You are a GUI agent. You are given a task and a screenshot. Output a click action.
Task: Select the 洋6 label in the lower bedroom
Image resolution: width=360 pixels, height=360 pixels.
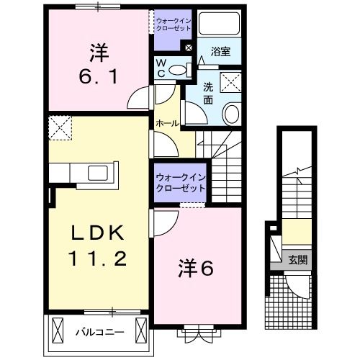[196, 269]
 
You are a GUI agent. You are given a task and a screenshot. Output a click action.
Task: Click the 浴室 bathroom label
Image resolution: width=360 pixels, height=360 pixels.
[220, 51]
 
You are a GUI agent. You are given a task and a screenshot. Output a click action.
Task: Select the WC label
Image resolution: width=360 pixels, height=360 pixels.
[162, 68]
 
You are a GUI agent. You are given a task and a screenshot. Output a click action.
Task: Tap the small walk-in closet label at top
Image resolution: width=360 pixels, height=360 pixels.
[174, 25]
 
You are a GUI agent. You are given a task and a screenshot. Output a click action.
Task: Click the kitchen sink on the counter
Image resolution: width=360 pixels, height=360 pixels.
[96, 174]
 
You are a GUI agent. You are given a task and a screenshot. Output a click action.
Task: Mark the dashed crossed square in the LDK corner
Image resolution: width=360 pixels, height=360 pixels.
[60, 130]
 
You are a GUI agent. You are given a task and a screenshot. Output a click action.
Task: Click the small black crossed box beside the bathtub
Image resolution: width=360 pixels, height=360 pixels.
[189, 48]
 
